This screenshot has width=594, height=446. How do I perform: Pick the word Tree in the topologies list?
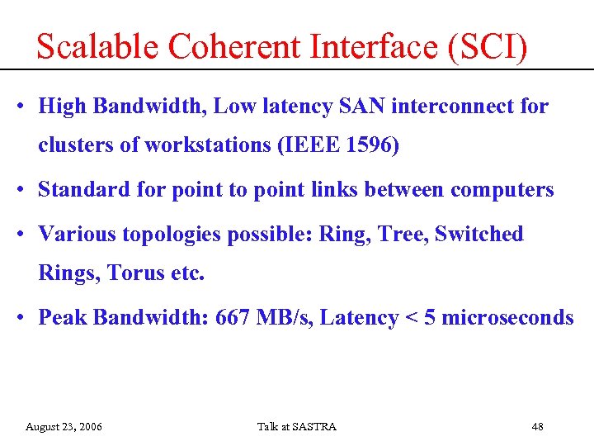402,234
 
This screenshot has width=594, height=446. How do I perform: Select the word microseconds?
507,317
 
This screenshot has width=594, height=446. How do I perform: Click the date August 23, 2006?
64,426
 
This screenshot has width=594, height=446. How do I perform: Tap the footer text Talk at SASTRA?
296,426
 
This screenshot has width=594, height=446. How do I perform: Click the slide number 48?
537,426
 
